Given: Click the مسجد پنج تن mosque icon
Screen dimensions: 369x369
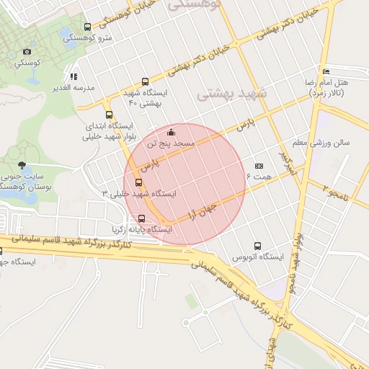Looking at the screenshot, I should tap(171, 133).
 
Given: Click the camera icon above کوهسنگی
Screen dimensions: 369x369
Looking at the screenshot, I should tap(27, 51).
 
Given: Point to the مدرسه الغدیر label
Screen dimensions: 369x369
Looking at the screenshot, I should tap(53, 88).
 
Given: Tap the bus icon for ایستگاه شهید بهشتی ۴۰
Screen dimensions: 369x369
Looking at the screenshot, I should tap(146, 82).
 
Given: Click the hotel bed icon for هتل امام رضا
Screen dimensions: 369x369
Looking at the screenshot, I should tap(326, 72).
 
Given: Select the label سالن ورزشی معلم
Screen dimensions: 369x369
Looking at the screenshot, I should tap(321, 142).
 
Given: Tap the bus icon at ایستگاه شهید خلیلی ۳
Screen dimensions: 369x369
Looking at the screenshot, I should tap(139, 182).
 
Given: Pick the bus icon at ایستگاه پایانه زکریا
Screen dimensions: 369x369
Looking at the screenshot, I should tap(141, 218).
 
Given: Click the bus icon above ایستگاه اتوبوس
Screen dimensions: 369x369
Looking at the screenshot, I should tap(257, 246).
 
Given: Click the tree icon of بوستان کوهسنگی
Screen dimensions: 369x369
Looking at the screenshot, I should tap(22, 165).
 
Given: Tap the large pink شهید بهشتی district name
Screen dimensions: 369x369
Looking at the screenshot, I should tap(232, 94).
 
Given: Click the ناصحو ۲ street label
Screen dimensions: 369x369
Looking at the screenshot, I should tap(334, 192).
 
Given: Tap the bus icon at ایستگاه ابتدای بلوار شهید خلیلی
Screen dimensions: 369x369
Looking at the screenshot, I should tap(109, 115).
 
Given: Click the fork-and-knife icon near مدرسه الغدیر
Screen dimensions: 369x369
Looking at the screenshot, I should tap(74, 76).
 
